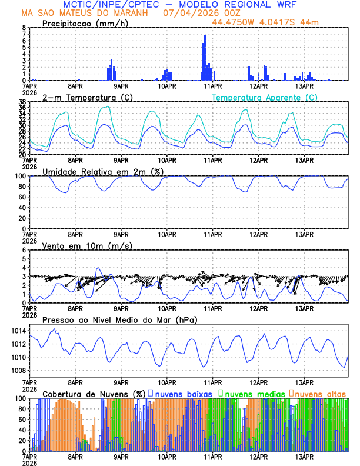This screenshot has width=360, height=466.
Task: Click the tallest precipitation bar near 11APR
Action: (x=205, y=58)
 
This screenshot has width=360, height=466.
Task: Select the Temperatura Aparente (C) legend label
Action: (x=264, y=97)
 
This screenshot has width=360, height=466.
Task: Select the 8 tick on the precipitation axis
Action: (x=24, y=28)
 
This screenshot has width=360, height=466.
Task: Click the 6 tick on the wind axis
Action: (x=24, y=250)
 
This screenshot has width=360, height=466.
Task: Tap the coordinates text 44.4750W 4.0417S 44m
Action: (x=266, y=23)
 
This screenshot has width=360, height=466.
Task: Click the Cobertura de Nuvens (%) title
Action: (x=94, y=393)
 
